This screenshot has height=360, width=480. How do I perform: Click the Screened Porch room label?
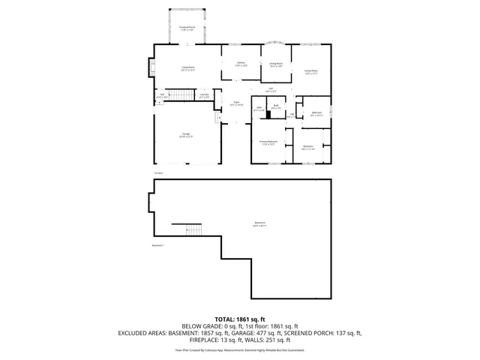point(187,28)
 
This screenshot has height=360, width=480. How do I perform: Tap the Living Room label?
point(187,69)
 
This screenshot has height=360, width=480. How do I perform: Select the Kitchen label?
point(241,64)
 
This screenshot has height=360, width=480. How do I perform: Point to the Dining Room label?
point(276,65)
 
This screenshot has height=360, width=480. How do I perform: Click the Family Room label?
point(310,72)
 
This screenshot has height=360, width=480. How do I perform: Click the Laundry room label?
point(204,96)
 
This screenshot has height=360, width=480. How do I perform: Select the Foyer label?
point(235,103)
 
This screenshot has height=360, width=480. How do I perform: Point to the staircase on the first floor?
point(179,95)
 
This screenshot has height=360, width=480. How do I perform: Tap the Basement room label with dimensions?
point(259,224)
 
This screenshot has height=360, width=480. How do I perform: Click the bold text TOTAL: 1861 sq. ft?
point(240,319)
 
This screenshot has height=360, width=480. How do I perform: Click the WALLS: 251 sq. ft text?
point(276,341)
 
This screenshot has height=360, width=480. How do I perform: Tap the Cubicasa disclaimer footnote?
point(240,350)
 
